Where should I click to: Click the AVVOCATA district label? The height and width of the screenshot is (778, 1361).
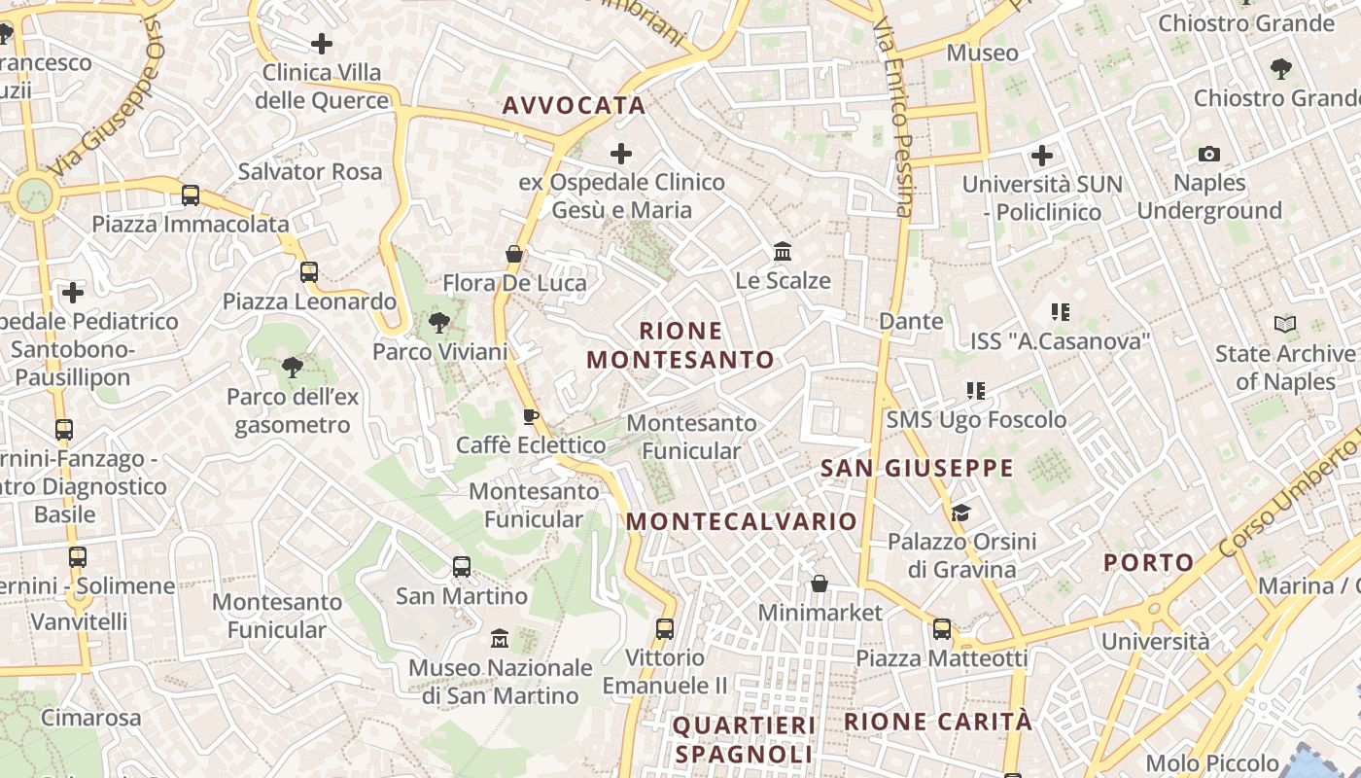(574, 106)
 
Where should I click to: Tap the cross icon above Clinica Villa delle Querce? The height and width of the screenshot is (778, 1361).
(322, 44)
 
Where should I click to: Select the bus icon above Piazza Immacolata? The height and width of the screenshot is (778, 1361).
(191, 195)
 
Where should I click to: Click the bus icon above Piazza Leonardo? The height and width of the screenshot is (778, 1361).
(309, 272)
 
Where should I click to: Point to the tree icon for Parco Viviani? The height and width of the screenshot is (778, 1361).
(439, 323)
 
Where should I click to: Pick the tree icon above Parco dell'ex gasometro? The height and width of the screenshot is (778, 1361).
(292, 367)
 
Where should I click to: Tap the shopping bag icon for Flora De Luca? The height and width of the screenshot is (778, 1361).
(514, 255)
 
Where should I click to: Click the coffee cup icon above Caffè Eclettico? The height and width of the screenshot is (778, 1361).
(530, 417)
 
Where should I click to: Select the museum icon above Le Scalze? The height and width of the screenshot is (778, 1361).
(783, 252)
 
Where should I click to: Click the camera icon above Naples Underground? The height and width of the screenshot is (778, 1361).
(1209, 154)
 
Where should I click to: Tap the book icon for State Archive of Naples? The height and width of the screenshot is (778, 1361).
(1285, 325)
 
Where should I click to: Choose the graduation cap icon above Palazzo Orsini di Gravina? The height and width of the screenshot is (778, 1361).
(960, 513)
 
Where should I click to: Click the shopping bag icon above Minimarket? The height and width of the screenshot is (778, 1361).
(820, 583)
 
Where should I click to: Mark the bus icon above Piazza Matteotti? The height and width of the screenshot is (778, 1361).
(941, 629)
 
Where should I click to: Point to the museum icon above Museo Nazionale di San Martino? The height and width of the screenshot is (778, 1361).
(500, 639)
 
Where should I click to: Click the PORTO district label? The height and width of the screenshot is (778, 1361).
(1148, 562)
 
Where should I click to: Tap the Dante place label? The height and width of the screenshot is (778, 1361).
(911, 321)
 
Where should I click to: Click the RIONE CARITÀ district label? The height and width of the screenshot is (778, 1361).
(938, 722)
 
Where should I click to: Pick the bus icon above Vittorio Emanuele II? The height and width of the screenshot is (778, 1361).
(665, 629)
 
